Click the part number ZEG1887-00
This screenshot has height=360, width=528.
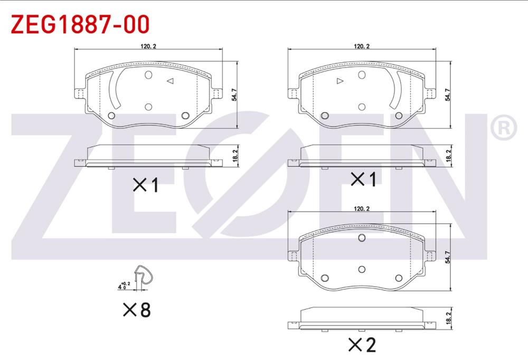point(80,24)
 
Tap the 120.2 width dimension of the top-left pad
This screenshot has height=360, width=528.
point(148,46)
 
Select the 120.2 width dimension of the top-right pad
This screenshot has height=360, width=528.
point(362,46)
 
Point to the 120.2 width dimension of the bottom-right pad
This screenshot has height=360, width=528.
point(362,209)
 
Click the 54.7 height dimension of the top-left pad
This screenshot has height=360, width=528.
point(234,94)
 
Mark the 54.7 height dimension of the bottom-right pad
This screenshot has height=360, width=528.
point(448,257)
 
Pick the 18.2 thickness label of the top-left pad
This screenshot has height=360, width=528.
point(235,156)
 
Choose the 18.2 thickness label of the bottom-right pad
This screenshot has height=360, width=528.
point(448,318)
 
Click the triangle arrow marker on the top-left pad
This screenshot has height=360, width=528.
point(171,81)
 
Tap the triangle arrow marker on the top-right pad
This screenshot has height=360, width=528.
point(340,81)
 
